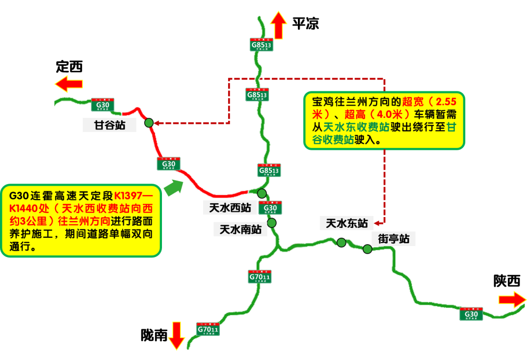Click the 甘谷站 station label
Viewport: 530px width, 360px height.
(x=109, y=125)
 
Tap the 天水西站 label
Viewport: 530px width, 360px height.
(x=230, y=208)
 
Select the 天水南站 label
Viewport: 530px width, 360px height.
(x=240, y=229)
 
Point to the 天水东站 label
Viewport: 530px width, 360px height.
(x=346, y=223)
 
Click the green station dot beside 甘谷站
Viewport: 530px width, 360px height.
(x=149, y=123)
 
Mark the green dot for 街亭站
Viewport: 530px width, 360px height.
(x=367, y=249)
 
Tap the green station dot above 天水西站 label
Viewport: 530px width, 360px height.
(x=262, y=194)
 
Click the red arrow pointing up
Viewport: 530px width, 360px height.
(x=278, y=26)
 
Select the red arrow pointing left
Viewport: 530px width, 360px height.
(x=69, y=83)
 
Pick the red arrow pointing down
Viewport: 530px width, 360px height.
(x=176, y=336)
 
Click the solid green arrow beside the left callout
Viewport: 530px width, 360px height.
(x=173, y=188)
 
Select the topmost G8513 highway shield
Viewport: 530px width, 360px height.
(x=261, y=45)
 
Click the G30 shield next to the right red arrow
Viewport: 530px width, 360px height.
(x=471, y=314)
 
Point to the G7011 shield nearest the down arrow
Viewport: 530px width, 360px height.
(x=208, y=329)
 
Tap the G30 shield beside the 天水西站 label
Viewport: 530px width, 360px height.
(x=270, y=208)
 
